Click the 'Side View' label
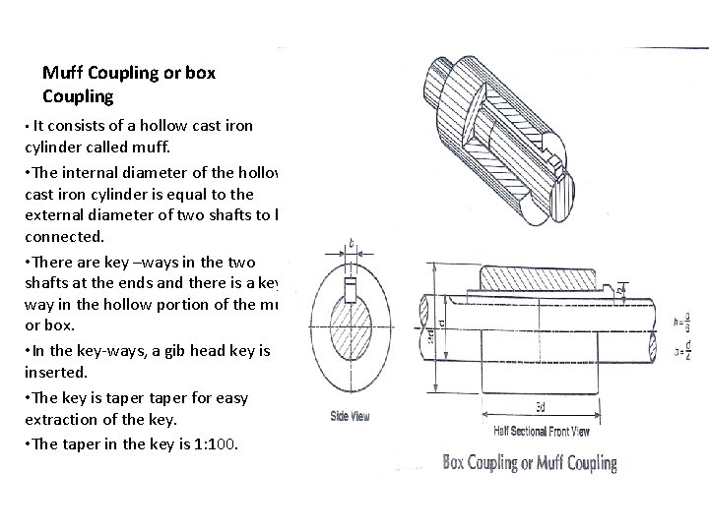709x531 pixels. tap(351, 417)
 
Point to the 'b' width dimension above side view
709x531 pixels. tap(351, 243)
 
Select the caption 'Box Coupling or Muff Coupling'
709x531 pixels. tap(530, 462)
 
